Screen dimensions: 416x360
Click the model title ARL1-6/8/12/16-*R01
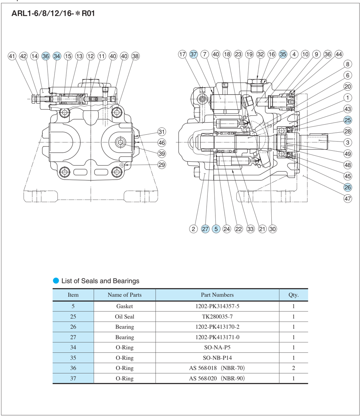[53, 14]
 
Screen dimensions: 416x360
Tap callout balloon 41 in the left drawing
[12, 56]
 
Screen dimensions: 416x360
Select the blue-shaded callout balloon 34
[57, 56]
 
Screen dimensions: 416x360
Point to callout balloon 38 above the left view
[135, 56]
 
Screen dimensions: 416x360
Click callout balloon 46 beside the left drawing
[162, 143]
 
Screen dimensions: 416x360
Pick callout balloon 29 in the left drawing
[162, 165]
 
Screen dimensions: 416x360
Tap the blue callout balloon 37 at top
[193, 54]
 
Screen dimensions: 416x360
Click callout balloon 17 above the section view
[182, 54]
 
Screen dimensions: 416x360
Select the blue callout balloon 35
[283, 54]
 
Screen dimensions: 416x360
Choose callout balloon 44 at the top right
[339, 54]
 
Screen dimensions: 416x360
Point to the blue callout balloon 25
[348, 120]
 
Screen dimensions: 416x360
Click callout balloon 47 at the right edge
[348, 199]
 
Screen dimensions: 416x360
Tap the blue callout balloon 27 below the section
[205, 229]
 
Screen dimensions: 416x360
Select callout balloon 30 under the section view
[272, 229]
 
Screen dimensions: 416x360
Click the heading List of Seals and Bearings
[100, 281]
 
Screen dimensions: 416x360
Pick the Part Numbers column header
[217, 295]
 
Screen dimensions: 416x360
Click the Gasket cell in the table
[125, 306]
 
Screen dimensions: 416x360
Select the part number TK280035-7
[217, 317]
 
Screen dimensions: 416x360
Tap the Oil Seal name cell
[125, 317]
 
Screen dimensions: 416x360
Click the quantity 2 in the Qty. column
[294, 368]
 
